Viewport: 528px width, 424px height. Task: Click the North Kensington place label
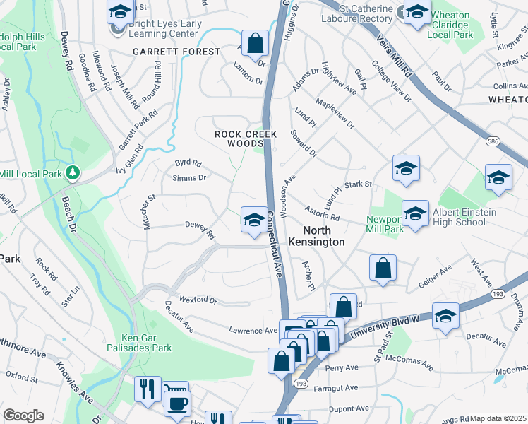[x=324, y=236]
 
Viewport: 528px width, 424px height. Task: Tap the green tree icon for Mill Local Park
[x=72, y=172]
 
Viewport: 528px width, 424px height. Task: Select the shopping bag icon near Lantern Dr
[x=255, y=42]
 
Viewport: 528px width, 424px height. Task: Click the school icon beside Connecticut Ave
[x=253, y=219]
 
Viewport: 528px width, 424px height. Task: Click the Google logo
[x=23, y=416]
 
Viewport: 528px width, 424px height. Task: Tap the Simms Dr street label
[x=190, y=178]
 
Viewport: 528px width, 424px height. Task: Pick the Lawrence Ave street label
[x=253, y=330]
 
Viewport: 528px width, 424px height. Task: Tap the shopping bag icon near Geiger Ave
[x=383, y=268]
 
